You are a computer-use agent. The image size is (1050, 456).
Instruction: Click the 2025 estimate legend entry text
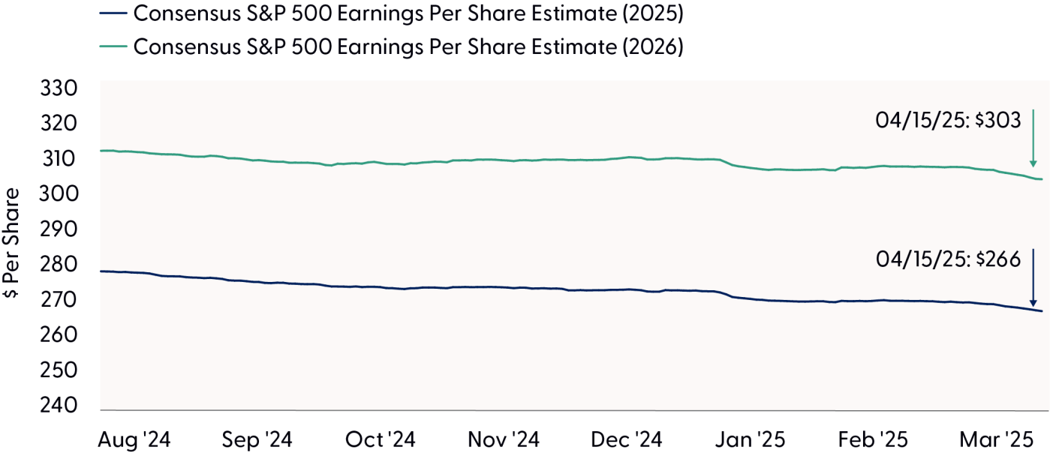(409, 13)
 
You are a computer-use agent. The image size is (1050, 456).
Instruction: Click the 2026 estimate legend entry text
(409, 46)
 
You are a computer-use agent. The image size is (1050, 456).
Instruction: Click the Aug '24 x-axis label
(134, 440)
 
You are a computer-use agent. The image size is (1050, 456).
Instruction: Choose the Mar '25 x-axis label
(994, 440)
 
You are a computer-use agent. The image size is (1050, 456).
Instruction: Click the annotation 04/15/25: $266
(948, 259)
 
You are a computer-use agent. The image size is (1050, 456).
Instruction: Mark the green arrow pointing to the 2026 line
(1033, 139)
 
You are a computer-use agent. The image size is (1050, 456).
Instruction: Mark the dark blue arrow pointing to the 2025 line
(1033, 277)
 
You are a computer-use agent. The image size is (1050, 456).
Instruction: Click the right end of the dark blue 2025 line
(1041, 311)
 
